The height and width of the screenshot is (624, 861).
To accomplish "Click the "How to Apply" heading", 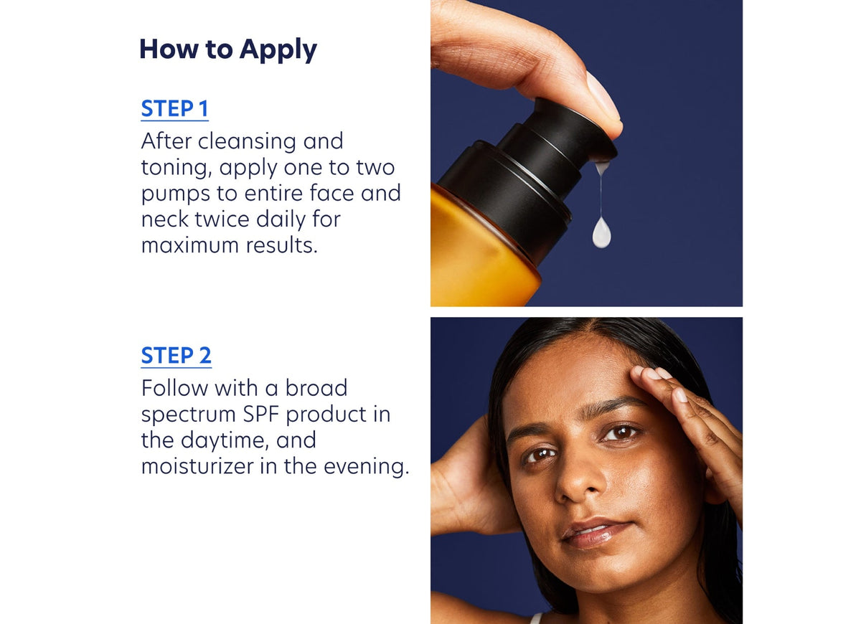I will point(227,49).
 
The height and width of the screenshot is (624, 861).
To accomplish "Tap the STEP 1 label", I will point(174,109).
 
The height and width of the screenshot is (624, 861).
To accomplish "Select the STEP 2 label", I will point(176,356).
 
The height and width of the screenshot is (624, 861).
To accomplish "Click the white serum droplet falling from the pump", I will point(601,234).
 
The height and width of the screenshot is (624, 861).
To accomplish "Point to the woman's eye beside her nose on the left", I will point(540,454).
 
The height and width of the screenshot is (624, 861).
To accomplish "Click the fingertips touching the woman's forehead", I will point(649,373).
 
